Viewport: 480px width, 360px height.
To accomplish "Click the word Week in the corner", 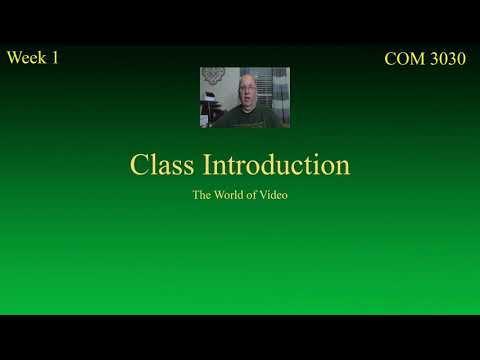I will point(27,57).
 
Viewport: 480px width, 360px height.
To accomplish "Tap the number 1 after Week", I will point(54,57).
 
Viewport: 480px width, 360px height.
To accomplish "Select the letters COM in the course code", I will point(404,59).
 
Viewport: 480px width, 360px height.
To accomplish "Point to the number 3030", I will point(447,59).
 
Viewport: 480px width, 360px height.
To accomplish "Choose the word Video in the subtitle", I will point(274,195).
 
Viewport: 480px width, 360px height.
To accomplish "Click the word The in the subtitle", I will point(202,195).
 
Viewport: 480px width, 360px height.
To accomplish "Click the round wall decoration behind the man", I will point(214,76).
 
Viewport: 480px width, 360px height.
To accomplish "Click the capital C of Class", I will point(139,165).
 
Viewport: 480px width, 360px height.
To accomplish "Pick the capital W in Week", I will point(14,57).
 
